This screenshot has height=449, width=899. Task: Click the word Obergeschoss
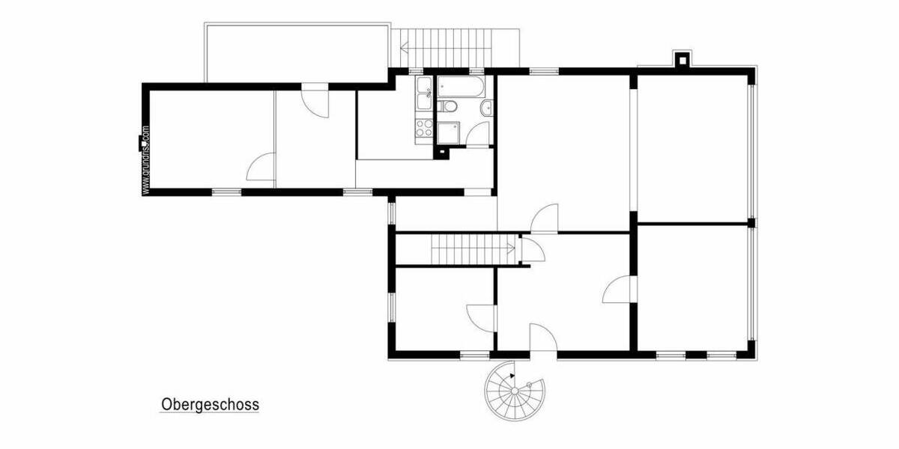pos(210,405)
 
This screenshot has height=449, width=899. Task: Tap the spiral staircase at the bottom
pos(514,391)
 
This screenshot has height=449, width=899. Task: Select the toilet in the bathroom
pos(449,107)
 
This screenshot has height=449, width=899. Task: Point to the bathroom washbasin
pos(487,108)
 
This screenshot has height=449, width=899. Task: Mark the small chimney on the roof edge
pos(682,58)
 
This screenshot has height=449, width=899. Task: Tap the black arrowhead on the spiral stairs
pos(512,375)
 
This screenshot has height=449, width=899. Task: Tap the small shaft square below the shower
pos(444,153)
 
